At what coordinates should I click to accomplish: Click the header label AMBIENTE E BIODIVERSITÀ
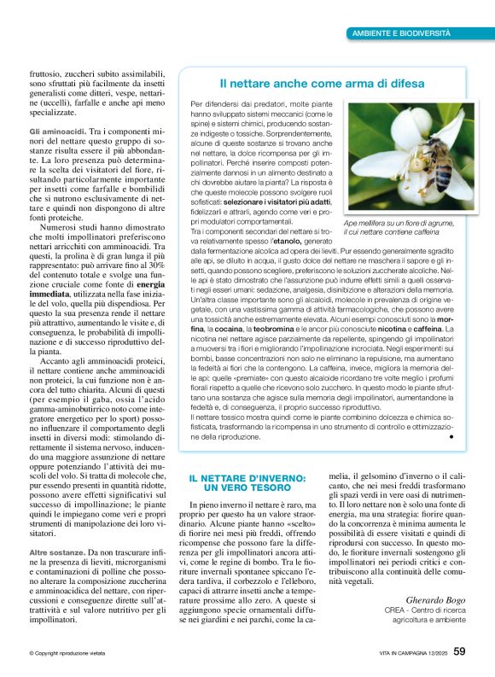(x=402, y=32)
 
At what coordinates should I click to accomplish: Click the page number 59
(x=459, y=651)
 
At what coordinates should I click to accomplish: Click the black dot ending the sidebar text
(x=450, y=436)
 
